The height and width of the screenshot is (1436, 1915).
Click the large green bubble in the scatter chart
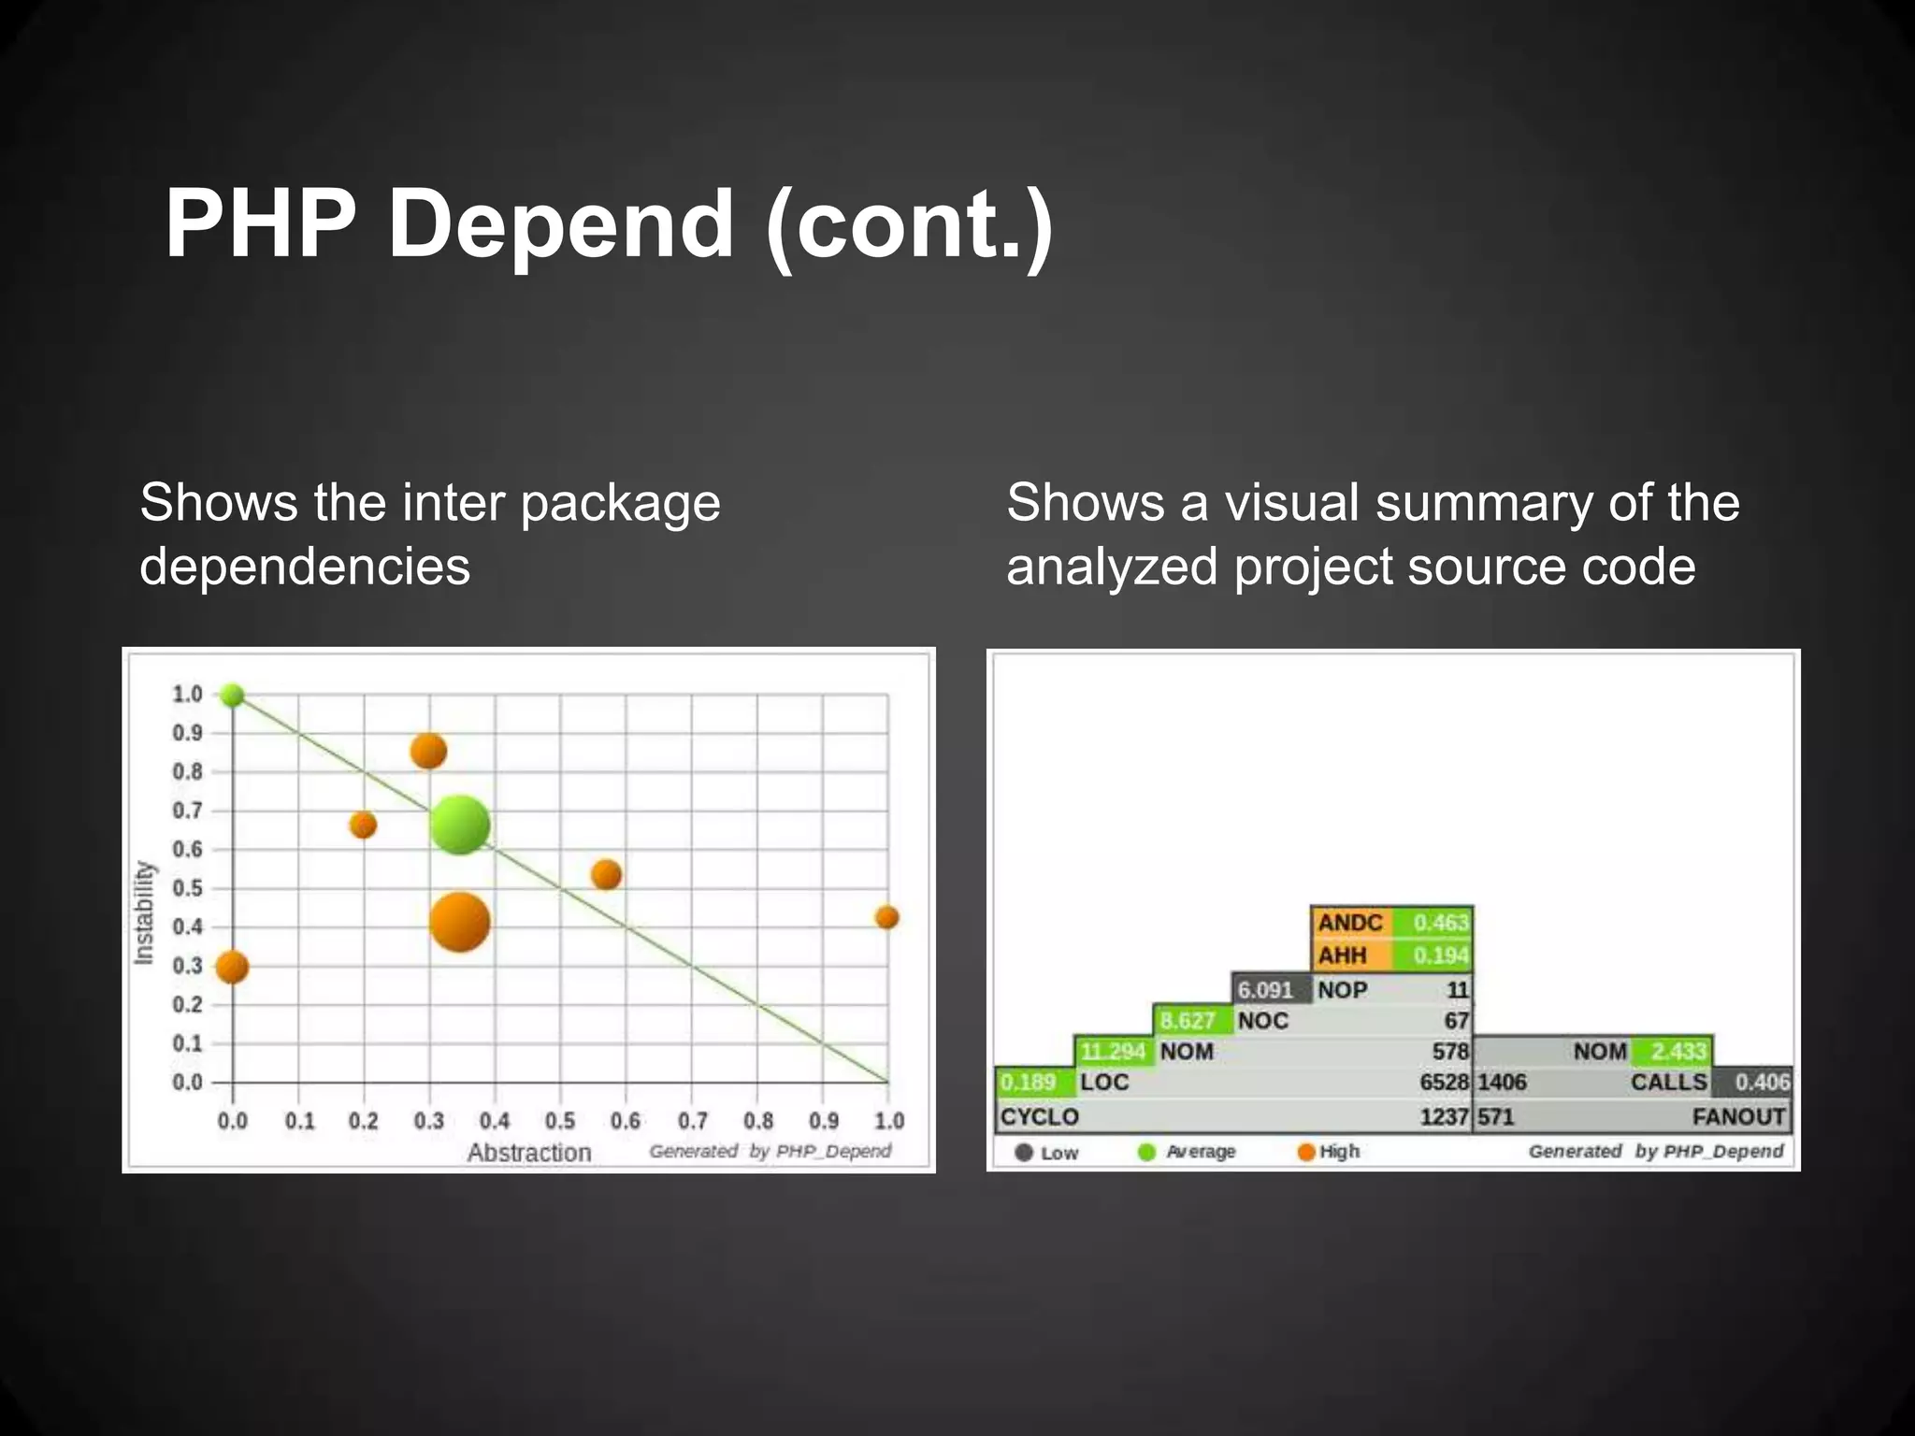pos(460,825)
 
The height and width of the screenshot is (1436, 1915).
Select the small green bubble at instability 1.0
pos(232,696)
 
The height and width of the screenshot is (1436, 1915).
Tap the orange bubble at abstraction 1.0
pos(886,917)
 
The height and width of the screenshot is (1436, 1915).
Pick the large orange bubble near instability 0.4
pos(459,922)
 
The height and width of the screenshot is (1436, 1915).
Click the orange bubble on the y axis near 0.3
pos(232,967)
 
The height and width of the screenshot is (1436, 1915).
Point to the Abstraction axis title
pos(529,1153)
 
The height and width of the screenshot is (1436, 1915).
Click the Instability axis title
pos(144,912)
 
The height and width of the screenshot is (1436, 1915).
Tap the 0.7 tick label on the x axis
pos(692,1120)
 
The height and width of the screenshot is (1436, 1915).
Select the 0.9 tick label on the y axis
pos(187,733)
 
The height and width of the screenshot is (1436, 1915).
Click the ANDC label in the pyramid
pos(1349,923)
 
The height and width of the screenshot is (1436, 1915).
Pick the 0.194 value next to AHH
pos(1440,955)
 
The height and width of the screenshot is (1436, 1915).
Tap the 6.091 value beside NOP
pos(1264,989)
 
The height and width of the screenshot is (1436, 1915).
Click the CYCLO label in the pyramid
pos(1039,1116)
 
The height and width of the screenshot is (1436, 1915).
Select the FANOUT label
pos(1738,1116)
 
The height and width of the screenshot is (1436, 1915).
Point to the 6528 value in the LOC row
pos(1444,1082)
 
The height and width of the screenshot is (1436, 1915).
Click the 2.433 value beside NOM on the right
pos(1678,1051)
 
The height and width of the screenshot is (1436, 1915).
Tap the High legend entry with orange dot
pos(1330,1152)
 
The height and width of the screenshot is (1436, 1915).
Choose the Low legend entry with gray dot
pos(1047,1153)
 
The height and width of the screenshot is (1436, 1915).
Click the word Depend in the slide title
pos(560,224)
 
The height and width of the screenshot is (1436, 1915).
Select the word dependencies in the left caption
pos(305,567)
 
